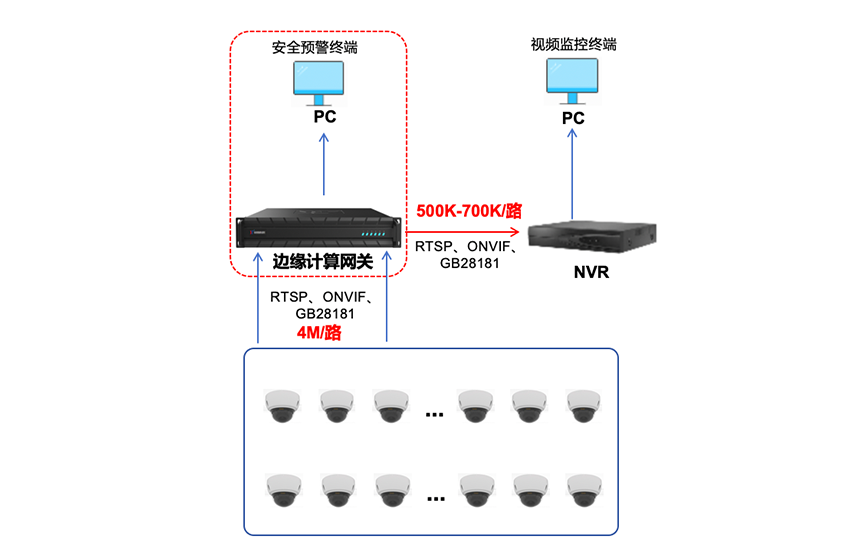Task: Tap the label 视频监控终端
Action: [572, 45]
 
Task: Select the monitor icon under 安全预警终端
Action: [319, 82]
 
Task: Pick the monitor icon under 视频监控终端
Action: [572, 79]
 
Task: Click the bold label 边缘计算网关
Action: [323, 261]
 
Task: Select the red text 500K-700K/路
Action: [470, 211]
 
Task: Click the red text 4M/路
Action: [319, 333]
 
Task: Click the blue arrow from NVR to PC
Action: [573, 174]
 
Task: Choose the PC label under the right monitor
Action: [573, 118]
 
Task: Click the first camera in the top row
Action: [280, 405]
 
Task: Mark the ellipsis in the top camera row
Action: [434, 411]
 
